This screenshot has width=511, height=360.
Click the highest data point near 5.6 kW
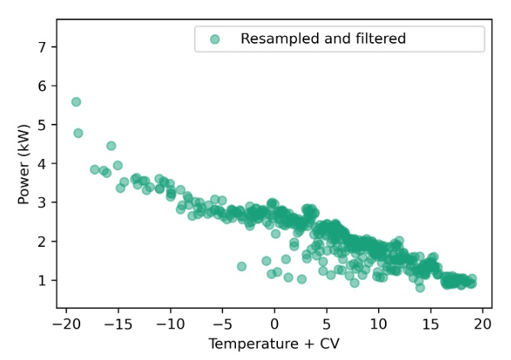click(76, 102)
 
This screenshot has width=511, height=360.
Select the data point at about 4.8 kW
click(79, 133)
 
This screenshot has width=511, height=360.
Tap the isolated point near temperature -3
click(241, 267)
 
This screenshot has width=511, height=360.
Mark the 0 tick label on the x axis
click(274, 324)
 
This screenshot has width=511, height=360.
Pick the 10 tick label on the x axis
click(378, 324)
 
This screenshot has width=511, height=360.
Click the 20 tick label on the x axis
click(482, 324)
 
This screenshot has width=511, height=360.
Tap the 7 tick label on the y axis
click(43, 47)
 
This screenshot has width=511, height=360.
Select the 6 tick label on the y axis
click(43, 86)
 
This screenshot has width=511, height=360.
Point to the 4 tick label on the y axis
click(43, 164)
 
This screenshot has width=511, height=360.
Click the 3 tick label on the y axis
click(43, 203)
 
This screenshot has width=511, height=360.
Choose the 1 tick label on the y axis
click(43, 281)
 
